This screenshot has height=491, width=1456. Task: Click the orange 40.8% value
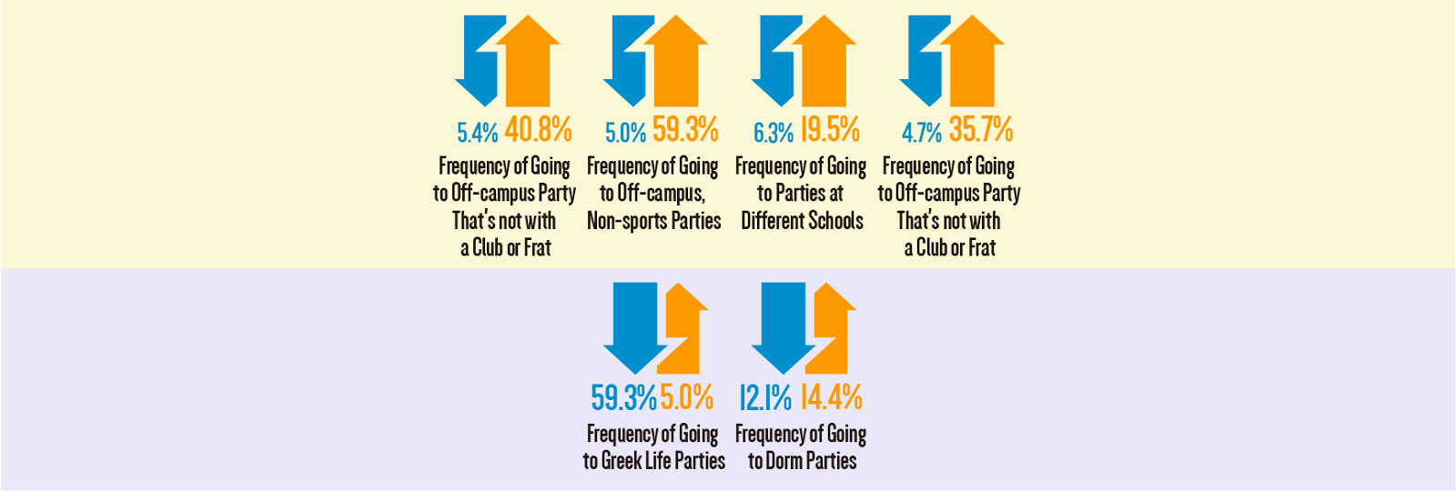tap(538, 130)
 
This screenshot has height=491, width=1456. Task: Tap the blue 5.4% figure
tap(477, 133)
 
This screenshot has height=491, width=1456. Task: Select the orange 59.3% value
tap(685, 130)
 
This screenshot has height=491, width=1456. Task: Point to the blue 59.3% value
tap(623, 397)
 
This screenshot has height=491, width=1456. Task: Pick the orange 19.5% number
tap(830, 130)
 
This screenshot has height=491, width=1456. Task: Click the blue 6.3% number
tap(773, 133)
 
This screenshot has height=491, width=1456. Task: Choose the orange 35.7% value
tap(980, 130)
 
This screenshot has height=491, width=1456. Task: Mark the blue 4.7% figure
tap(921, 133)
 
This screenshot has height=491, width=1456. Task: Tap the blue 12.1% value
tap(764, 397)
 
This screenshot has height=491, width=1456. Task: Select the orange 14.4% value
tap(831, 397)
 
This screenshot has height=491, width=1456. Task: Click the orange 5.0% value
tap(686, 397)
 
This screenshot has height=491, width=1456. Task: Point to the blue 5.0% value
tap(625, 133)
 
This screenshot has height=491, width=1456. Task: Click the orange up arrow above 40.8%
tap(527, 64)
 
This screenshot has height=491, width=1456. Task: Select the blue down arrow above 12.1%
tap(783, 323)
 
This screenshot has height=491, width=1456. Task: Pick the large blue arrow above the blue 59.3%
tap(635, 323)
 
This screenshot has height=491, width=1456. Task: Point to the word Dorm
tap(784, 461)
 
